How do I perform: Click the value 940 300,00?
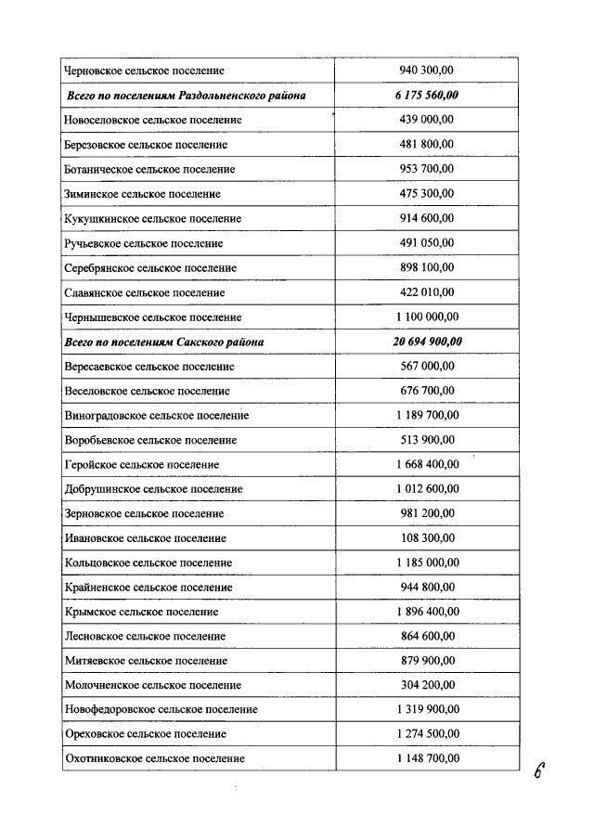point(426,71)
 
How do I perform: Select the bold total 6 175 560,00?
point(426,96)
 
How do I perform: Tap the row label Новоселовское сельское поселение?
point(153,121)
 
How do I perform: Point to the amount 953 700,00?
point(426,170)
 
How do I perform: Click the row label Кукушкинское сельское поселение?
point(153,219)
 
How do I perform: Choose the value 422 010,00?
point(426,292)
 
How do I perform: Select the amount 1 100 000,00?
point(426,317)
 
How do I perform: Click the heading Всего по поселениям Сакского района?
point(164,342)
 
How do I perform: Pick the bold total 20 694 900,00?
point(426,342)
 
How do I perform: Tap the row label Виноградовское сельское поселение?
point(157,416)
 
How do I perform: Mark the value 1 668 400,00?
point(426,464)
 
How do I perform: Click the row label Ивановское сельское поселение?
point(146,538)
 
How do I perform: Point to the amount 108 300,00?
point(426,538)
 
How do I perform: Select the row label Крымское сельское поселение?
point(142,612)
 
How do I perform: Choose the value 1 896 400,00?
point(426,612)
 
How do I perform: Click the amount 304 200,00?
point(426,685)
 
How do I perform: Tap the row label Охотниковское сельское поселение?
point(155,758)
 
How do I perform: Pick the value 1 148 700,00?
point(426,758)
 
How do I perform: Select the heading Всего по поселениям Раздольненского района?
point(186,96)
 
